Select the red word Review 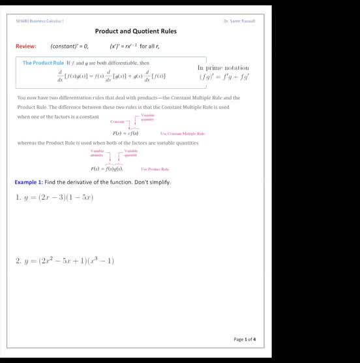pos(25,46)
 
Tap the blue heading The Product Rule pos(43,63)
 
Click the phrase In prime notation pos(222,67)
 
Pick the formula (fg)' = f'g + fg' pos(224,76)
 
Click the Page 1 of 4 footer pos(245,339)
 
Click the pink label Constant pos(117,121)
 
